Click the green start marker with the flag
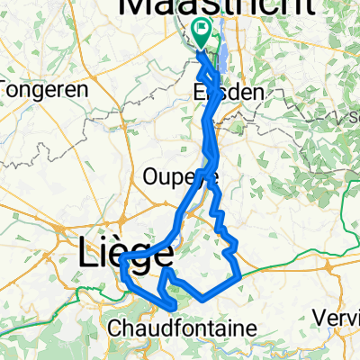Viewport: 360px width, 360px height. [x=203, y=34]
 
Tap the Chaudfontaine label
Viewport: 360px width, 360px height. [x=188, y=327]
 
